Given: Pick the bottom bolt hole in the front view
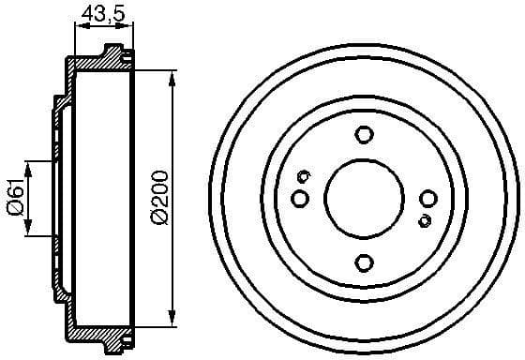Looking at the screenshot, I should point(364,262).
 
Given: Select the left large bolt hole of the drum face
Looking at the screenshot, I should point(300,198).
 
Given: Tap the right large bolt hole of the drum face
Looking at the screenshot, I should point(428,198).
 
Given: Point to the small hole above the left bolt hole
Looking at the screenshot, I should point(304,176).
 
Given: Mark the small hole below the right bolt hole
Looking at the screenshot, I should point(425,220).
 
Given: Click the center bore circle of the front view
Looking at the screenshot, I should point(364,198).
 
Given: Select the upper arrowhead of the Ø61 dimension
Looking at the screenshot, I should point(30,168).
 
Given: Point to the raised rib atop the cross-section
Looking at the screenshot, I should point(113,50).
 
